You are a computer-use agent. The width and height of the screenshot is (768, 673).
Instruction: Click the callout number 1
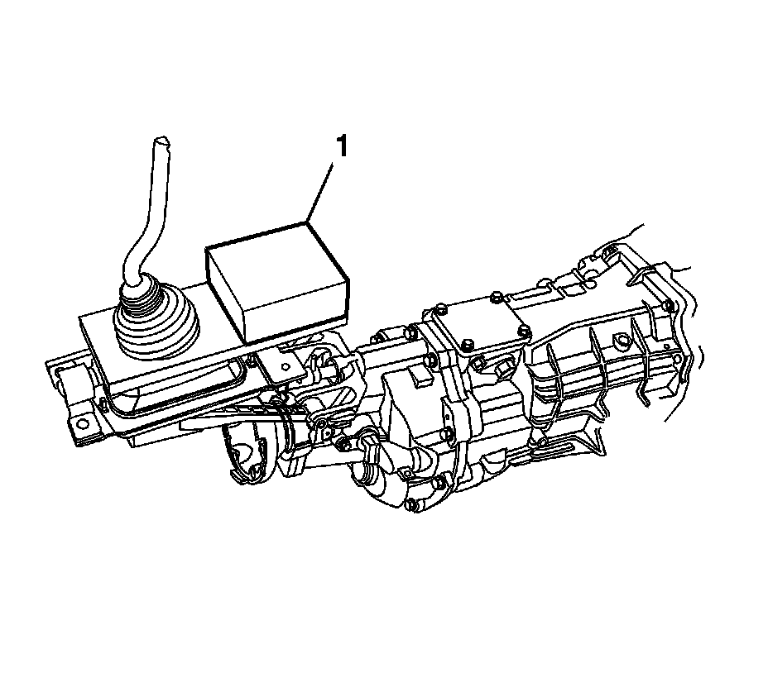(x=342, y=146)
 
